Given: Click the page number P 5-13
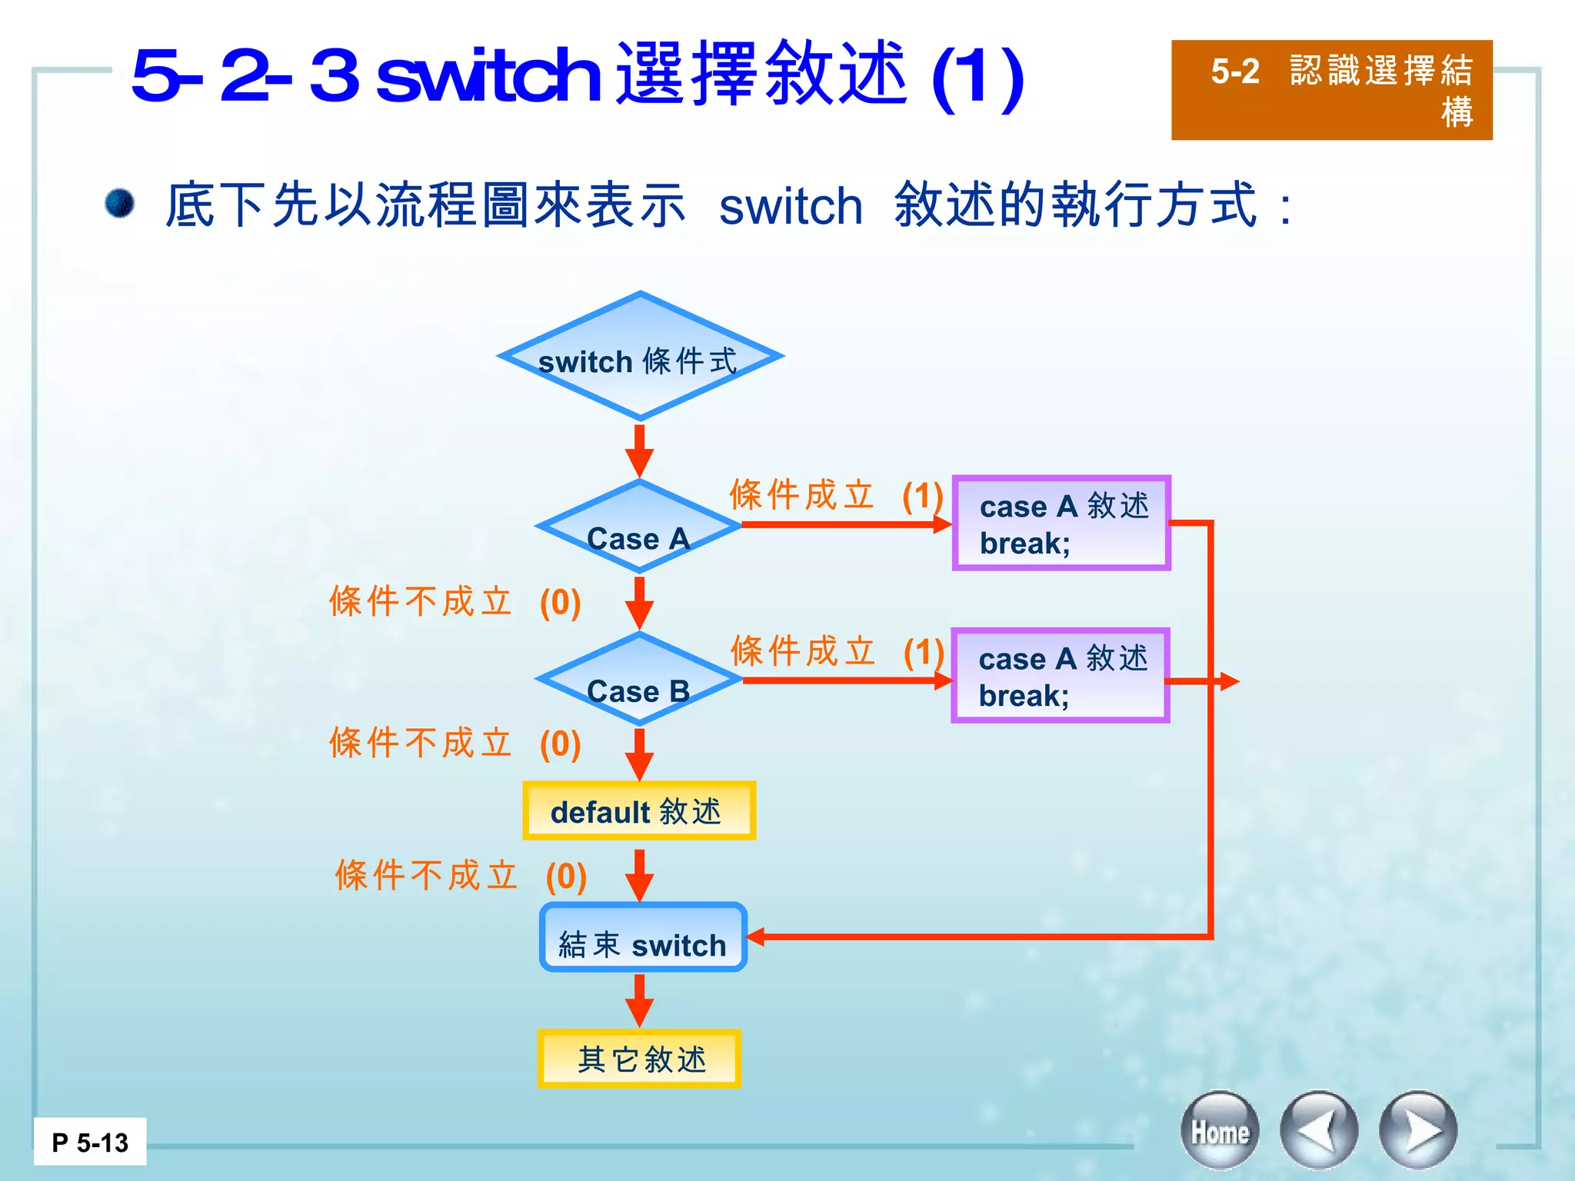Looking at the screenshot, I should pyautogui.click(x=90, y=1143).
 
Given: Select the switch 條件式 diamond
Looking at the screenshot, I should pyautogui.click(x=639, y=357).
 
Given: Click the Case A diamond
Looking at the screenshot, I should pyautogui.click(x=638, y=527).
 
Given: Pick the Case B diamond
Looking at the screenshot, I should pyautogui.click(x=638, y=680).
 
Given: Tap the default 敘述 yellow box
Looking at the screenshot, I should pyautogui.click(x=639, y=811).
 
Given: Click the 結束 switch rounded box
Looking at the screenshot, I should pyautogui.click(x=643, y=937).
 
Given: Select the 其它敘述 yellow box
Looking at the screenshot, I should pyautogui.click(x=639, y=1059).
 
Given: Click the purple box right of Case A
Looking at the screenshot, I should pyautogui.click(x=1061, y=524).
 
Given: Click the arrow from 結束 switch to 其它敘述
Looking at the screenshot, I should pyautogui.click(x=639, y=1000).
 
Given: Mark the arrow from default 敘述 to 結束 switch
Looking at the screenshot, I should pyautogui.click(x=639, y=875).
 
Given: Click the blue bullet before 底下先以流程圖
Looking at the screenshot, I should pyautogui.click(x=120, y=204).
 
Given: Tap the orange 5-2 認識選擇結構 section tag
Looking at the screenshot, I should pyautogui.click(x=1331, y=90).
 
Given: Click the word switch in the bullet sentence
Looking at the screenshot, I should pyautogui.click(x=791, y=206).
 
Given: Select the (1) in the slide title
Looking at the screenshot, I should pyautogui.click(x=977, y=77).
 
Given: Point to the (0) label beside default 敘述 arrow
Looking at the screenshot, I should pyautogui.click(x=566, y=877).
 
